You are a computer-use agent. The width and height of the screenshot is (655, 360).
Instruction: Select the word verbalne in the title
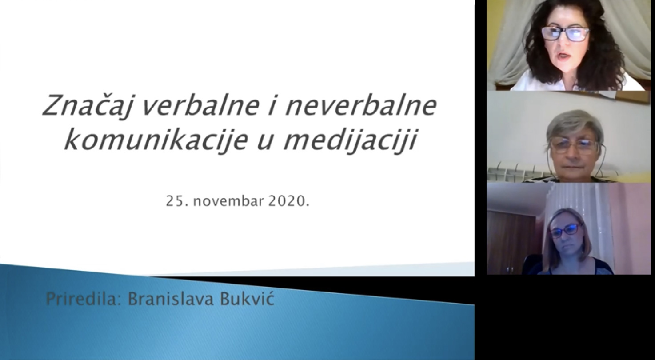click(x=200, y=105)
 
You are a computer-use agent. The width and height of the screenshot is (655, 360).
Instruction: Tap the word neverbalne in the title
click(x=361, y=105)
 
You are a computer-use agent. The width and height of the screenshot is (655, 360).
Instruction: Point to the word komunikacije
click(x=156, y=140)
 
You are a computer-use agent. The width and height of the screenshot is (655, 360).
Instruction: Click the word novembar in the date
click(x=228, y=201)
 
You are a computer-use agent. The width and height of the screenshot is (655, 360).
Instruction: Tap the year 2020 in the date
click(x=286, y=201)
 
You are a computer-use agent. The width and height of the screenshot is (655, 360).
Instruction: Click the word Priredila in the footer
click(x=84, y=299)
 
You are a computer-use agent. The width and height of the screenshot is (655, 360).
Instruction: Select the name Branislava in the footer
click(x=171, y=299)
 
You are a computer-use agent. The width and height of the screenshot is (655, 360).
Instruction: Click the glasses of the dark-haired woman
click(x=565, y=34)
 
